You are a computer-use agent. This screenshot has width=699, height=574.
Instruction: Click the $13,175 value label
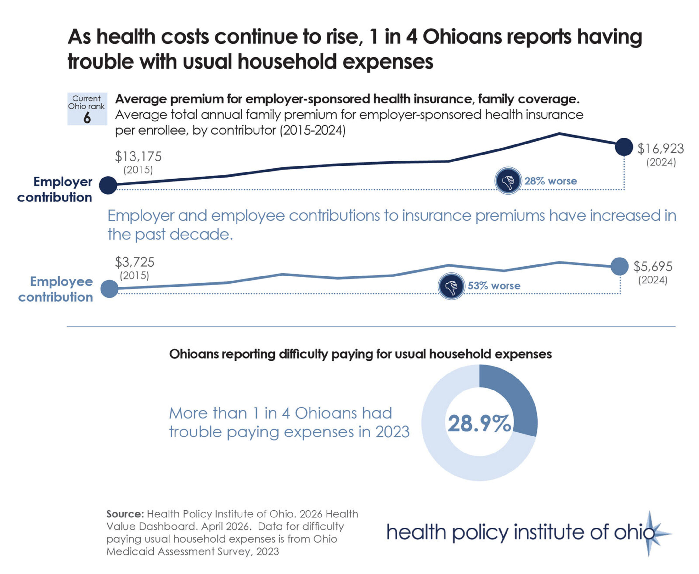click(x=138, y=156)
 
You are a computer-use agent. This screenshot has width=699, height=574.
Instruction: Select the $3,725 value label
click(x=135, y=262)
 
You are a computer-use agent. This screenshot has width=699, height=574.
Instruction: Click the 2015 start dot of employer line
click(x=108, y=185)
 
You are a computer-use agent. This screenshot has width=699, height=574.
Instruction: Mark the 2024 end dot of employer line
click(x=624, y=147)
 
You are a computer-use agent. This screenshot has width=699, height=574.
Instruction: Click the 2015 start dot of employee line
click(x=109, y=289)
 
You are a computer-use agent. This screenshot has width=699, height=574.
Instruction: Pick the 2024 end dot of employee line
click(x=619, y=266)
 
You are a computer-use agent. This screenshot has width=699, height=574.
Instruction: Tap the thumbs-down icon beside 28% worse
click(x=508, y=181)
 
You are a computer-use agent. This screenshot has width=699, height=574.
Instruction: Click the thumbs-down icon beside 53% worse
click(x=451, y=286)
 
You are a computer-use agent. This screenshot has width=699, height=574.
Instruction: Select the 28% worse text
click(x=551, y=181)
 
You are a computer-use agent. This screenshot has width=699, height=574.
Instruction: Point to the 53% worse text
click(x=494, y=286)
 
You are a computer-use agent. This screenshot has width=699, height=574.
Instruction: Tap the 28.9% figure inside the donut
click(x=479, y=424)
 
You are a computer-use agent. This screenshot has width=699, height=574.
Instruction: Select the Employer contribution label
click(x=55, y=189)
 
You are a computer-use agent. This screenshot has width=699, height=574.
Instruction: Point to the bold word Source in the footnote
click(x=124, y=514)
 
